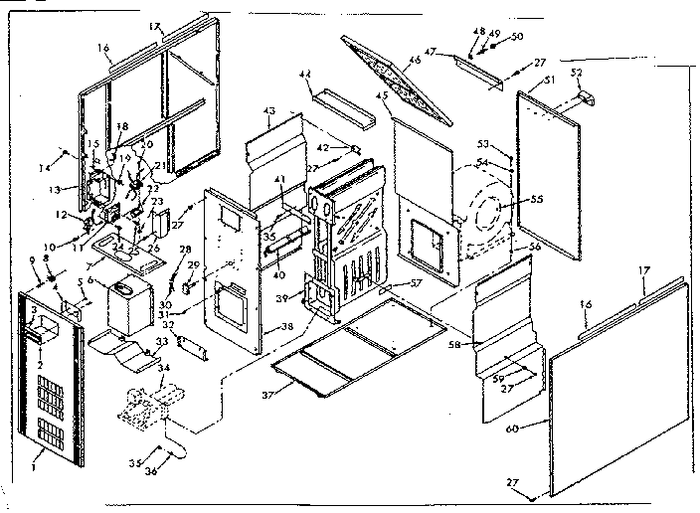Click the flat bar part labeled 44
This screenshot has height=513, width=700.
[x=341, y=107]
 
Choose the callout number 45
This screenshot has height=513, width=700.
[x=382, y=95]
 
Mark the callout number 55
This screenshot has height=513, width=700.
[x=538, y=199]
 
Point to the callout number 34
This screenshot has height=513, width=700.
[x=164, y=369]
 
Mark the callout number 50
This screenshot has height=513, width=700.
[x=515, y=37]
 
